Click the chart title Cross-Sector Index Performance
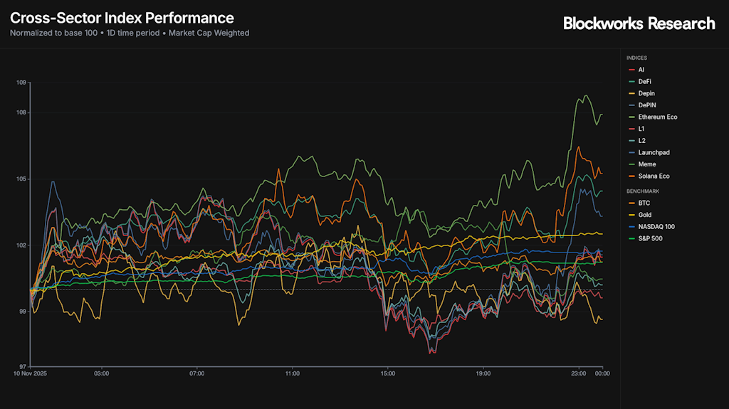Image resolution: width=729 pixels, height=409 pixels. pyautogui.click(x=122, y=18)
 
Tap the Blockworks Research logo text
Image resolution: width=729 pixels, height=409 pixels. pyautogui.click(x=639, y=23)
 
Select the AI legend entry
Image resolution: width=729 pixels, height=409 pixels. pyautogui.click(x=641, y=70)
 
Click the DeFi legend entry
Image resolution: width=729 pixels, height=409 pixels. pyautogui.click(x=644, y=82)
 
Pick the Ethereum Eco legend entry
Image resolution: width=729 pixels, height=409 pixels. pyautogui.click(x=657, y=117)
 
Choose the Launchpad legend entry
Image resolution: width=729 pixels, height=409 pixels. pyautogui.click(x=654, y=152)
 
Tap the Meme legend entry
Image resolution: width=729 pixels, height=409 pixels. pyautogui.click(x=646, y=164)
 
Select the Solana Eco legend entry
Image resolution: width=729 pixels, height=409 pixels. pyautogui.click(x=654, y=176)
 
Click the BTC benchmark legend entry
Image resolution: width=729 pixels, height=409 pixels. pyautogui.click(x=644, y=203)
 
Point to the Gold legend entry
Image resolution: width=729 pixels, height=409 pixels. pyautogui.click(x=645, y=215)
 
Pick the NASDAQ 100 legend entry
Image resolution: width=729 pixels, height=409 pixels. pyautogui.click(x=655, y=227)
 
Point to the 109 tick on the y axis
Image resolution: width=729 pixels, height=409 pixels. pyautogui.click(x=21, y=83)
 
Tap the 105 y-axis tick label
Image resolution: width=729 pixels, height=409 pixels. pyautogui.click(x=21, y=179)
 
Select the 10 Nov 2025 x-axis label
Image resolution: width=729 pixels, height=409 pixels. pyautogui.click(x=31, y=373)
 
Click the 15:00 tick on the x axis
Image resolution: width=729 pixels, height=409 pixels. pyautogui.click(x=388, y=373)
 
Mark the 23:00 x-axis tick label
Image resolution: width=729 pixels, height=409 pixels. pyautogui.click(x=579, y=373)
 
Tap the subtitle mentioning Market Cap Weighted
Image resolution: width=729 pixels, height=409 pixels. pyautogui.click(x=130, y=33)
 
